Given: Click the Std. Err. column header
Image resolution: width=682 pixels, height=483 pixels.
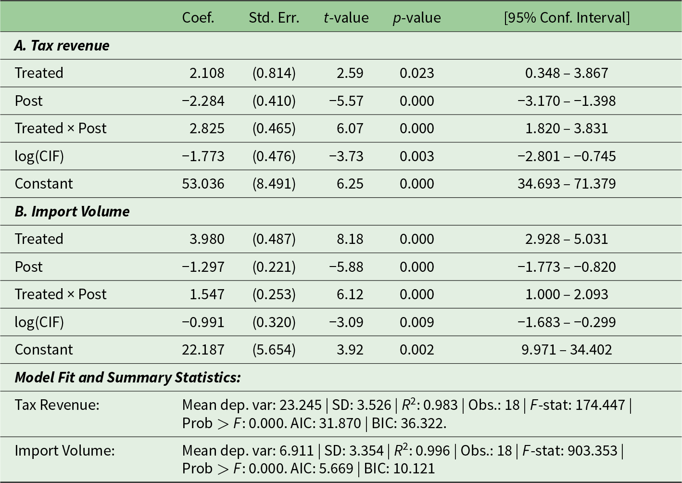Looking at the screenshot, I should (274, 18).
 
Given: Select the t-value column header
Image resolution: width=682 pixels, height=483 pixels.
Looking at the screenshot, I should (346, 18).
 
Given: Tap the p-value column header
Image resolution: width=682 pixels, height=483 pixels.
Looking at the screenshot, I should (417, 18).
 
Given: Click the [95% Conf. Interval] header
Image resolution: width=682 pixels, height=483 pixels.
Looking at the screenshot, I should (567, 18).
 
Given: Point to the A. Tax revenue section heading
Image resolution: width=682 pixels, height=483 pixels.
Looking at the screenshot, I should (62, 46).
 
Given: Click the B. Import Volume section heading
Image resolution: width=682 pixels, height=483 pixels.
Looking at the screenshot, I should (72, 212).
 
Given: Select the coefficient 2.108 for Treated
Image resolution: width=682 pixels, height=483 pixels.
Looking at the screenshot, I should (207, 73).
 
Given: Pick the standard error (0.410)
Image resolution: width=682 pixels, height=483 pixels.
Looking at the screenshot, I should (274, 101).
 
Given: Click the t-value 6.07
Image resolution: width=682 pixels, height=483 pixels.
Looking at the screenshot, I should (350, 128).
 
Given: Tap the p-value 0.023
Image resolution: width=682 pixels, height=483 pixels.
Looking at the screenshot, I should (417, 73).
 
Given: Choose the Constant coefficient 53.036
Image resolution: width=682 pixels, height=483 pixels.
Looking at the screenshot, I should (203, 184).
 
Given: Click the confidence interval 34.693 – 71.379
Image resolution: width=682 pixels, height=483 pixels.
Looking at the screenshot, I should (567, 184).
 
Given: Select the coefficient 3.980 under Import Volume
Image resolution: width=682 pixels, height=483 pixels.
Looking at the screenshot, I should (207, 239).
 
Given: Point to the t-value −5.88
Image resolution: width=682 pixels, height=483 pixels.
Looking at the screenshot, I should (346, 267).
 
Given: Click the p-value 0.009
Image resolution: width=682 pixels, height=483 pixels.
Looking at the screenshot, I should (417, 322).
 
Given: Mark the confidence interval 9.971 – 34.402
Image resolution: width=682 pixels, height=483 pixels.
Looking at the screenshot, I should (567, 350).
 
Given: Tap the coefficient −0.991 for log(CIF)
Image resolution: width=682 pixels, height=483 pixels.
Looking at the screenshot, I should (203, 322).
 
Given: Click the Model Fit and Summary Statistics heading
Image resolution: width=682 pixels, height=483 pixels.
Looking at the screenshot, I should (127, 378).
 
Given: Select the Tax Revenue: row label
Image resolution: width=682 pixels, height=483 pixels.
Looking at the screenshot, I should (57, 405).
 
